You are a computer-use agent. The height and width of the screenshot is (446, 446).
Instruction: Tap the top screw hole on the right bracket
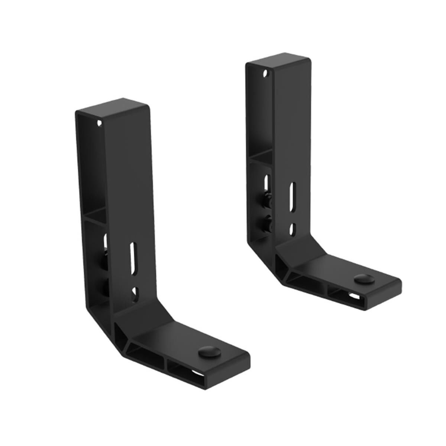click(265, 73)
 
